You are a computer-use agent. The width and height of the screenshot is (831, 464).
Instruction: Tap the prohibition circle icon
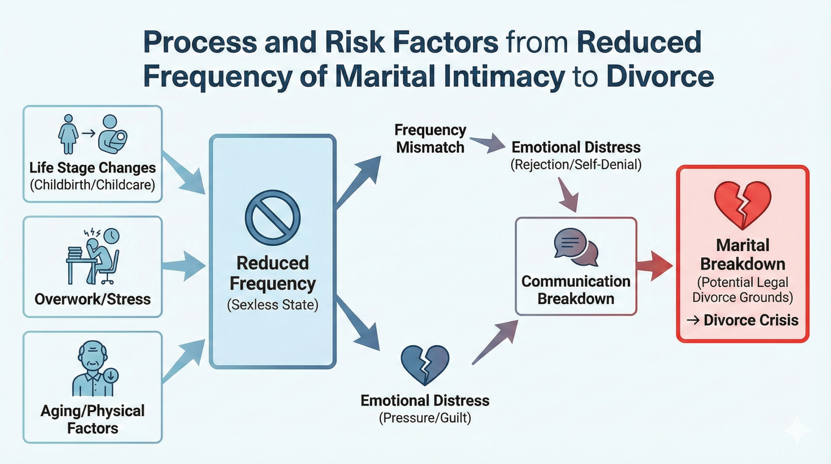click(x=272, y=218)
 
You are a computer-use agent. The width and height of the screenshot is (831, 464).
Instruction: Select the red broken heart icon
click(x=742, y=206)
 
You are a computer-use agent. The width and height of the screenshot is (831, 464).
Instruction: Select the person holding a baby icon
click(x=113, y=134)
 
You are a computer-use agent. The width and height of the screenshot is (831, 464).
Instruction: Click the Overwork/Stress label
click(x=93, y=299)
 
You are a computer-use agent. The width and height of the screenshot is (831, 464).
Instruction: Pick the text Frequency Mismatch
click(x=430, y=139)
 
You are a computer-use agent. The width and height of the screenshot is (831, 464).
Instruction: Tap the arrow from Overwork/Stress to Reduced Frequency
click(x=184, y=266)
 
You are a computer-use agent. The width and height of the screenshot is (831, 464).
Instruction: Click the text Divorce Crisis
click(x=751, y=320)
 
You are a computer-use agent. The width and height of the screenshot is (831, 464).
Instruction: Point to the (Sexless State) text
click(x=272, y=305)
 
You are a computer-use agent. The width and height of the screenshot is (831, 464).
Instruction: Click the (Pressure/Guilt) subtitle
click(x=425, y=418)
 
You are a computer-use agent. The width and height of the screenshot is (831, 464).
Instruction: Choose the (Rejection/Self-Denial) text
click(x=576, y=165)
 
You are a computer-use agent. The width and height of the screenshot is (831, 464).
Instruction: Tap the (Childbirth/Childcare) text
click(x=93, y=185)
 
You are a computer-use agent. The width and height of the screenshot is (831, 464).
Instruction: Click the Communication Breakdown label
click(x=576, y=290)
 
